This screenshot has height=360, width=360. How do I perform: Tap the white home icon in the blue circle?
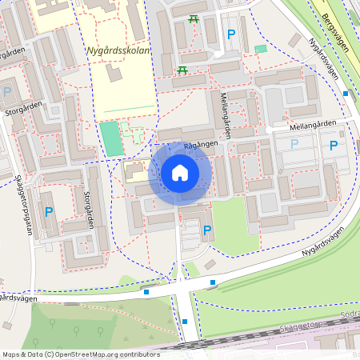click(x=180, y=173)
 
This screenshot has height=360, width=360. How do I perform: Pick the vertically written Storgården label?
click(x=89, y=208)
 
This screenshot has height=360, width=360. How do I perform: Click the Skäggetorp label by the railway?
click(x=299, y=326)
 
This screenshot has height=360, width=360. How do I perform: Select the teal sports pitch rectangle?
click(x=111, y=138)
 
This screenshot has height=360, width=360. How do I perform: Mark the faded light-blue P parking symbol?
click(x=294, y=145)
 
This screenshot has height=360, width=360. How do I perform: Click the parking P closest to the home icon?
click(x=207, y=230)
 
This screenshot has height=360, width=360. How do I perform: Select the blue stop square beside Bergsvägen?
click(x=346, y=94)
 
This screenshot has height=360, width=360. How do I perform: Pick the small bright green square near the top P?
click(x=260, y=50)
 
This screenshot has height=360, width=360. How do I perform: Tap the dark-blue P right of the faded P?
click(x=333, y=146)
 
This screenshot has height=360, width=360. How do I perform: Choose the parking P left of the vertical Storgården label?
click(x=49, y=212)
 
